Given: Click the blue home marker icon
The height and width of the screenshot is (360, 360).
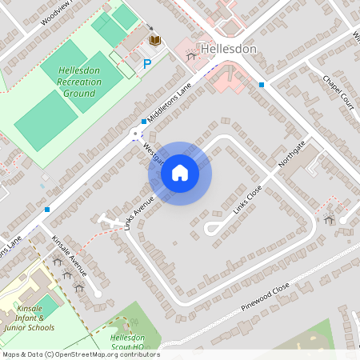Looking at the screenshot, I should [x=180, y=173].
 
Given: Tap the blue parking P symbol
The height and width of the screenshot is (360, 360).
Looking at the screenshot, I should [x=147, y=63].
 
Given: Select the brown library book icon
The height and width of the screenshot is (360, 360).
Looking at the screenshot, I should [x=154, y=40].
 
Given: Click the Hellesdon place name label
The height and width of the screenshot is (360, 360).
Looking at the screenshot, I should [x=229, y=50].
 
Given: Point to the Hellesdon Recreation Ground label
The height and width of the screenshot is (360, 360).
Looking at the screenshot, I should [x=77, y=82].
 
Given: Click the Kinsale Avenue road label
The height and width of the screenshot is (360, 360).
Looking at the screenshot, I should [x=68, y=251].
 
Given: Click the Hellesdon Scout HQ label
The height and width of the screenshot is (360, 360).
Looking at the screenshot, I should [x=126, y=342].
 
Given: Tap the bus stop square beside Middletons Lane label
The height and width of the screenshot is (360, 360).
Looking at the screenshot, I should [x=144, y=122].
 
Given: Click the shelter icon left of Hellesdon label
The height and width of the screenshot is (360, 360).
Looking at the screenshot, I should [x=190, y=55].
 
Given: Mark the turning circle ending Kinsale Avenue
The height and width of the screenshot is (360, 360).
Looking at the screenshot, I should [x=98, y=294].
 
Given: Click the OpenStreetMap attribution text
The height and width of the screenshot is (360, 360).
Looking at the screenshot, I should [x=80, y=354].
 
